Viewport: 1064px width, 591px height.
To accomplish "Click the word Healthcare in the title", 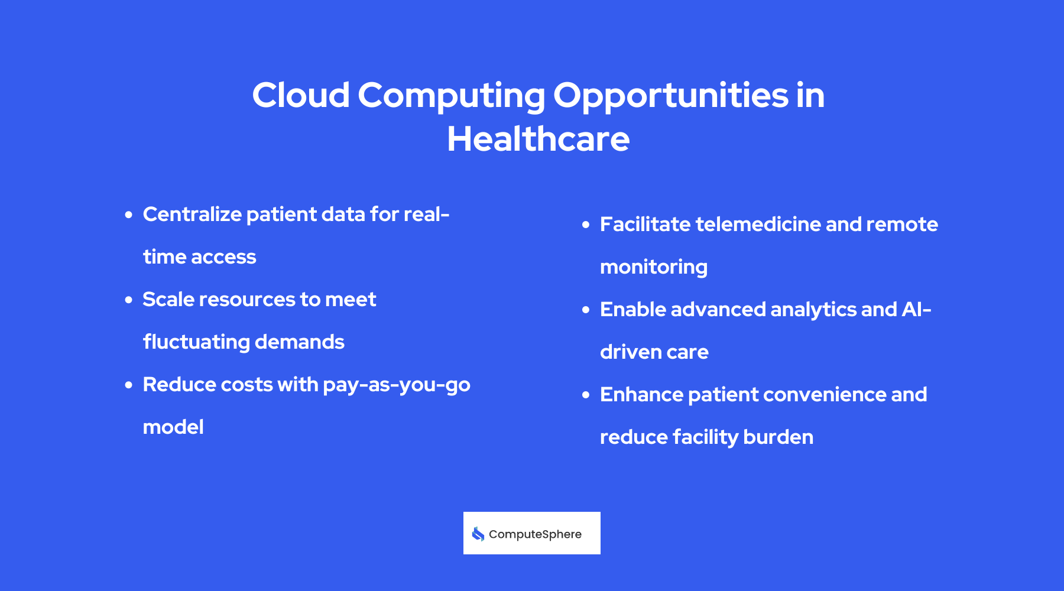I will pos(538,139).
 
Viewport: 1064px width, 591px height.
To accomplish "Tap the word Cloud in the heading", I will pos(301,95).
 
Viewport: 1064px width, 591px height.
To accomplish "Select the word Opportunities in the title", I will pos(670,96).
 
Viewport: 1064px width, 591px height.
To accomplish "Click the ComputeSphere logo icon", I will pos(478,534).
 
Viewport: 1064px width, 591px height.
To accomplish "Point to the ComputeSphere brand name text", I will pos(535,534).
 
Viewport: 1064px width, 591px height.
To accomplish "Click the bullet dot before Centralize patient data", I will pos(129,215).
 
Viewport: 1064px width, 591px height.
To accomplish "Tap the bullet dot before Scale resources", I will pos(129,300).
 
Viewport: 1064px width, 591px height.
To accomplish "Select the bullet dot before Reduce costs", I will pos(129,385).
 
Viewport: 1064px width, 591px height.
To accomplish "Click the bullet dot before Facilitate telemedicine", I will pos(586,225).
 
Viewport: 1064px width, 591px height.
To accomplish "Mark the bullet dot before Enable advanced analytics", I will pos(586,310).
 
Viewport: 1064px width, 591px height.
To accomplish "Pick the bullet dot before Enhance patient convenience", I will pos(586,395).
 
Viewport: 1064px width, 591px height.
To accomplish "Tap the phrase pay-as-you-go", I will pos(396,385).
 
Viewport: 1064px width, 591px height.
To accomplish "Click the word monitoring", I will pos(653,268).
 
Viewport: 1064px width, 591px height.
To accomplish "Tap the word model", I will pos(173,427).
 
